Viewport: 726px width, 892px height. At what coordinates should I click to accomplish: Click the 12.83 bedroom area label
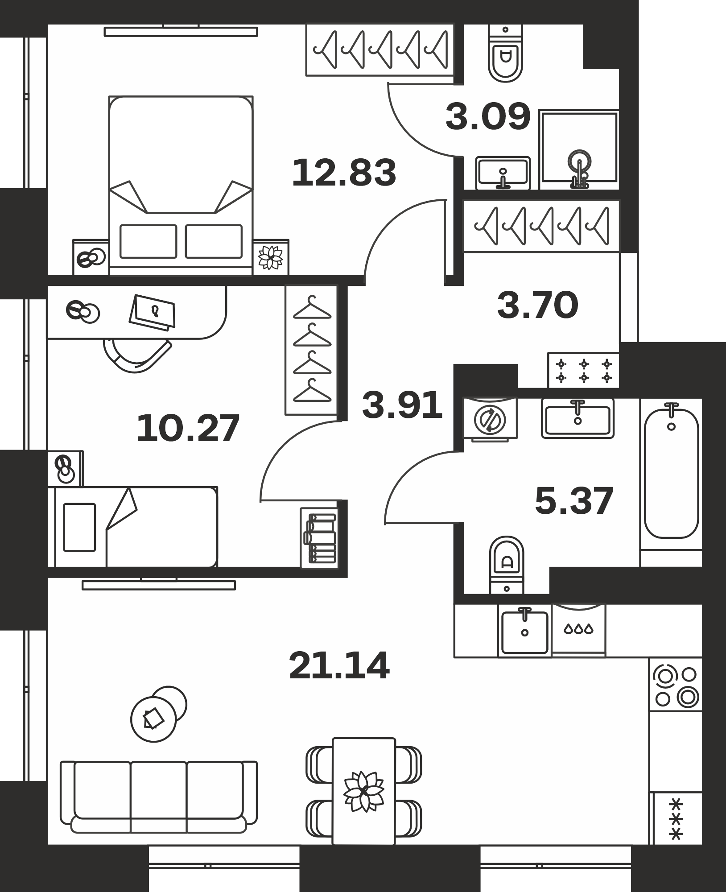344,173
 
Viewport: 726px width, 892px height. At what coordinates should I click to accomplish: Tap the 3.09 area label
488,117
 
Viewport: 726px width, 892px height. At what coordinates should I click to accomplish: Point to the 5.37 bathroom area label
574,501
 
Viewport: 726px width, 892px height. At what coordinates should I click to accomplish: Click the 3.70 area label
538,306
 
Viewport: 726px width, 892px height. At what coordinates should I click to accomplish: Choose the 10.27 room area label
188,429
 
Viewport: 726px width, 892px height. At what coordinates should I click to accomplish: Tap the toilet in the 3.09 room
505,53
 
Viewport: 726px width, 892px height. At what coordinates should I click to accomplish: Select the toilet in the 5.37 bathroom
506,565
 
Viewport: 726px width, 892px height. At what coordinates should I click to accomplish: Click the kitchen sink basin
525,632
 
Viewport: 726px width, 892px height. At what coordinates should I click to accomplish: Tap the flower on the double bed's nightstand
271,257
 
